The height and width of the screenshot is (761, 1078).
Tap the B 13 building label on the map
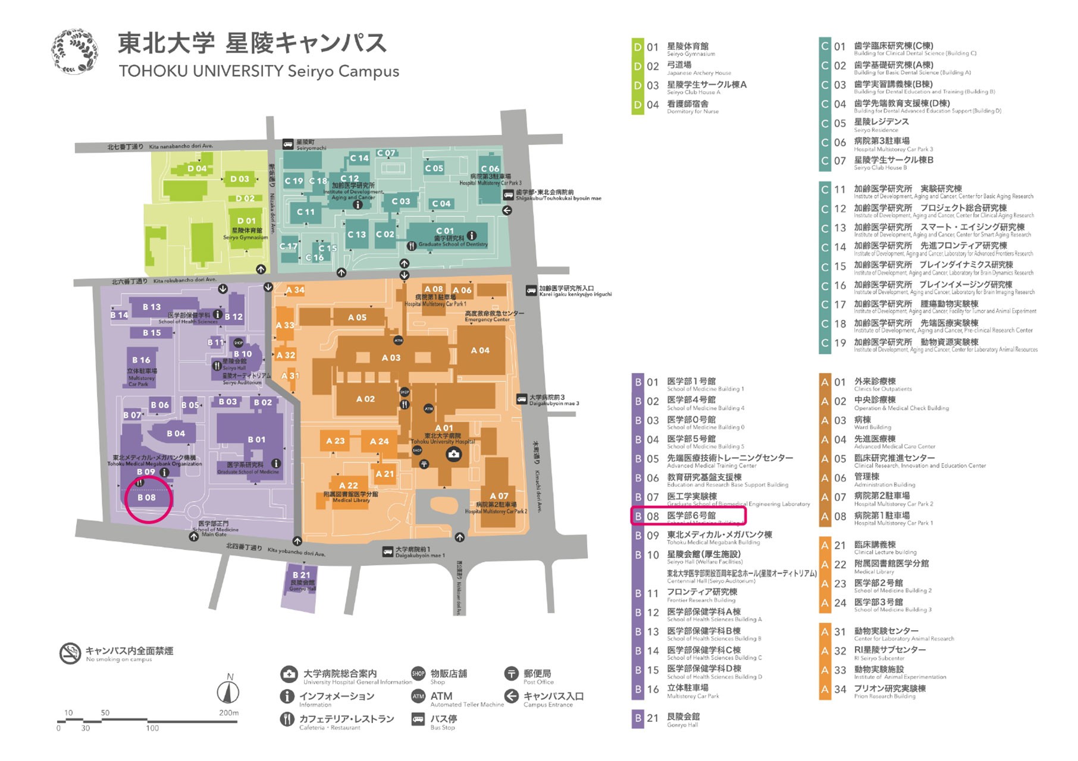point(152,307)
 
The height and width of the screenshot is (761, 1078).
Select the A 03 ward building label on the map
point(391,358)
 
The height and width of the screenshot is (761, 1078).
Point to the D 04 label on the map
point(197,168)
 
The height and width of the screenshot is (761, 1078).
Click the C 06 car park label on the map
point(490,169)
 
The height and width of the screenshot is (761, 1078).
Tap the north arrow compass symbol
point(228,691)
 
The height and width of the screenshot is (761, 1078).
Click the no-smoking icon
point(70,653)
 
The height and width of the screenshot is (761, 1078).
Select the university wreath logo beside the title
point(75,52)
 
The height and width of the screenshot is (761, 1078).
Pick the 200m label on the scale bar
point(228,712)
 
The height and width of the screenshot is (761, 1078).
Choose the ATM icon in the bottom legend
point(418,696)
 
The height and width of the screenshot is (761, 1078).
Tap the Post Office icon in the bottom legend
point(511,674)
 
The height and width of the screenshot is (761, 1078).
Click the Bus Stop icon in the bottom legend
point(418,719)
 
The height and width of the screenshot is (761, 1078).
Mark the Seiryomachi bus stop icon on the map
point(288,144)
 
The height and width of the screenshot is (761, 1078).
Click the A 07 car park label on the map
point(499,496)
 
